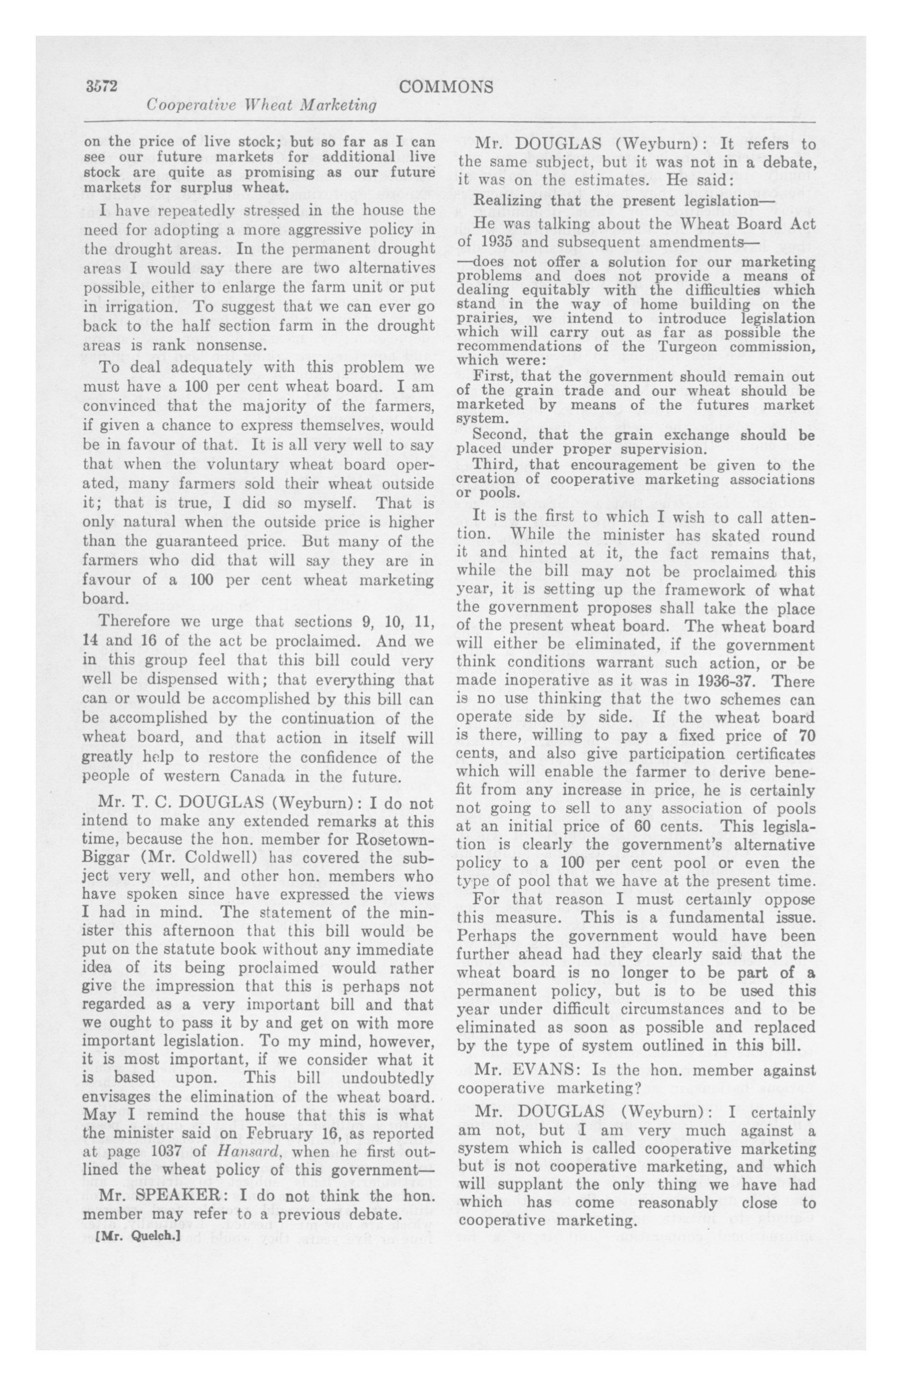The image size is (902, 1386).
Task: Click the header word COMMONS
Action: click(x=446, y=87)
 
